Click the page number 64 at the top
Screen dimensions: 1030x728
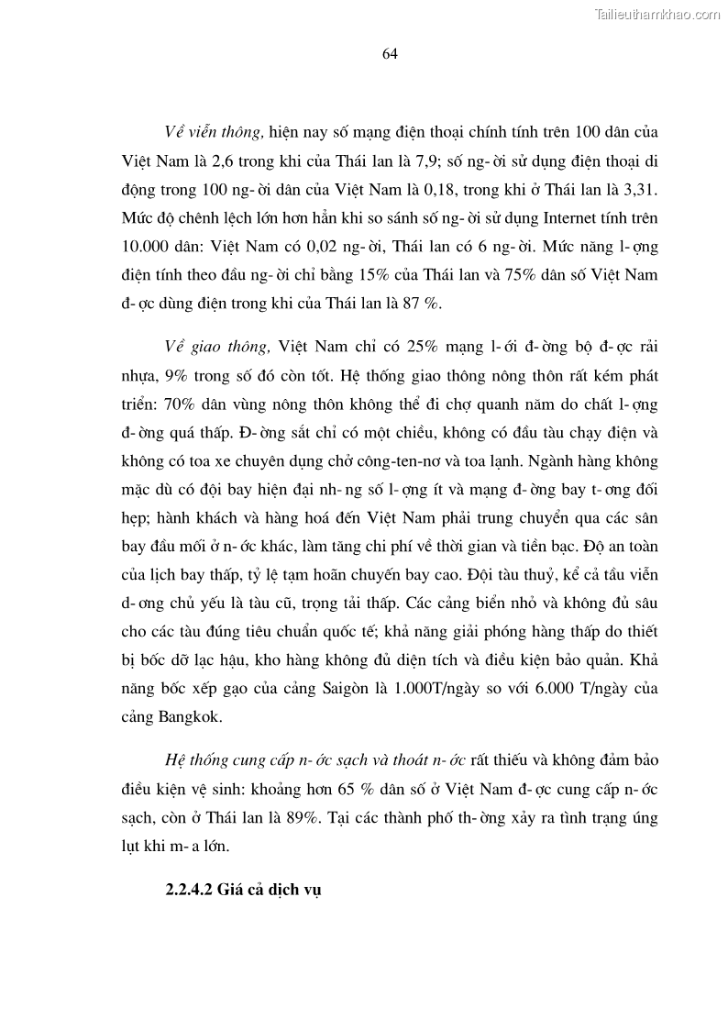(x=389, y=54)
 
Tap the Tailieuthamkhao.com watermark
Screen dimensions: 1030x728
(x=658, y=14)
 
